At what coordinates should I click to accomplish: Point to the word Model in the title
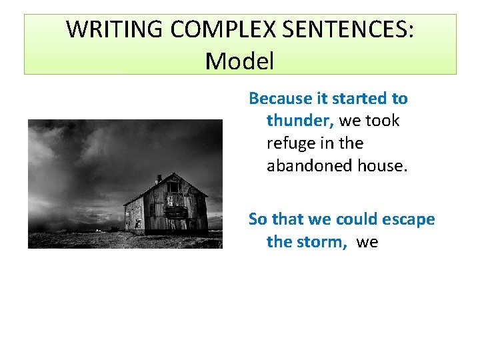pos(239,61)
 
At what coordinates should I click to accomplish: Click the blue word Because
pos(280,99)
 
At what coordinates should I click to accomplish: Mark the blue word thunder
pos(300,121)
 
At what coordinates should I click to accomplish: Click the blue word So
pos(257,219)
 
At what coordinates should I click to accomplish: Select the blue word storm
pos(323,241)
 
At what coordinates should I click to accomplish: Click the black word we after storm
pos(367,241)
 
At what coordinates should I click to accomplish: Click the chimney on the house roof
pos(158,179)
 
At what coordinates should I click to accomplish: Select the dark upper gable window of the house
pos(173,187)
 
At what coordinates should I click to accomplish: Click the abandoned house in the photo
pos(167,207)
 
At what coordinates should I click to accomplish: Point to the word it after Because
pos(321,99)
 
